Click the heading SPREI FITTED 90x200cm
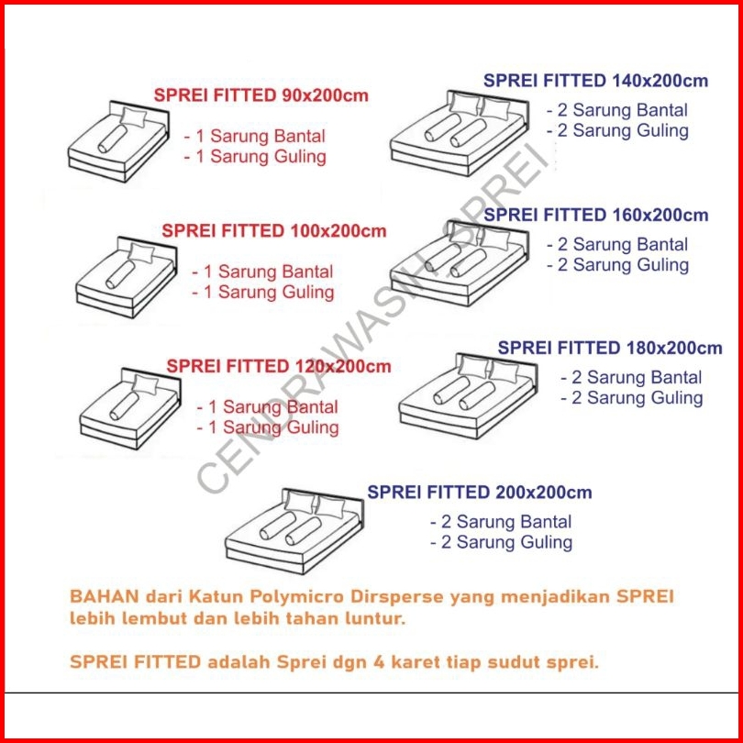(261, 95)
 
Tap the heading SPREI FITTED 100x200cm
(274, 231)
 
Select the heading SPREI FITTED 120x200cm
(279, 366)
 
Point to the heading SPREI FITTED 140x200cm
(595, 81)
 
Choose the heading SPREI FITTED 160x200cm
(595, 215)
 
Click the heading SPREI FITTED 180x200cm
(610, 348)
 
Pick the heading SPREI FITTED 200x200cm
(480, 493)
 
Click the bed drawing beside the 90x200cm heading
(118, 141)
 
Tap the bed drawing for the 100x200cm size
(127, 277)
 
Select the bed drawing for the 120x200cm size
(130, 408)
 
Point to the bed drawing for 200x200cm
(294, 532)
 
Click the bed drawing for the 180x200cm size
(468, 396)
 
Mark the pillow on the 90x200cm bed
(133, 117)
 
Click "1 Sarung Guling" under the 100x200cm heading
(263, 293)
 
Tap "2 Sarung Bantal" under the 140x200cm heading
(617, 110)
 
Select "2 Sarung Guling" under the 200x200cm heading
(502, 542)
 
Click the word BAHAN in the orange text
(105, 596)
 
